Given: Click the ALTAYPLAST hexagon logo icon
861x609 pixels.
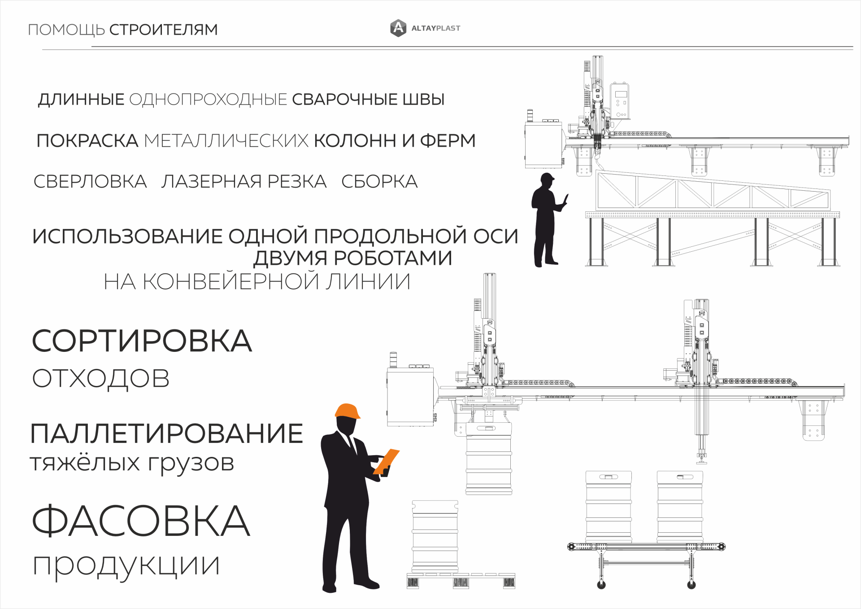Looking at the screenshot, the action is click(x=398, y=28).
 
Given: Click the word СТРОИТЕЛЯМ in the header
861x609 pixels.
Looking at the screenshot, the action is click(x=163, y=30).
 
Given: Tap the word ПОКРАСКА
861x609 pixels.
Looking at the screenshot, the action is click(x=87, y=140).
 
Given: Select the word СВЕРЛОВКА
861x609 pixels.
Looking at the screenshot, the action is click(x=90, y=181).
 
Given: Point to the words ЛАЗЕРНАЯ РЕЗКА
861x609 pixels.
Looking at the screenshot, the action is click(x=244, y=181).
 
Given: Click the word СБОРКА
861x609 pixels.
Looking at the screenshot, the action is click(x=379, y=181).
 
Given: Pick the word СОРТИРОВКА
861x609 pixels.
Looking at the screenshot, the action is click(x=142, y=341).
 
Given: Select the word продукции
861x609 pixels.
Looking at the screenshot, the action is click(x=126, y=565).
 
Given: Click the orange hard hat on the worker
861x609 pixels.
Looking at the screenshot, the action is click(x=348, y=411).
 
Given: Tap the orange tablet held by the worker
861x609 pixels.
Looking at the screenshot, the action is click(x=386, y=461).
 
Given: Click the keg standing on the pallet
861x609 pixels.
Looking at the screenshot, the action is click(x=435, y=537).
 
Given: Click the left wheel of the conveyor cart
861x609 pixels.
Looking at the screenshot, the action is click(x=601, y=585).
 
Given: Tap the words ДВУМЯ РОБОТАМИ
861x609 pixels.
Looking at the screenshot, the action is click(x=352, y=258).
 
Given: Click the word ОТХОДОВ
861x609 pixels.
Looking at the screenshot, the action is click(x=101, y=378).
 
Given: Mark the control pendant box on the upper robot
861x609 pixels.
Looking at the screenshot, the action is click(x=619, y=101).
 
